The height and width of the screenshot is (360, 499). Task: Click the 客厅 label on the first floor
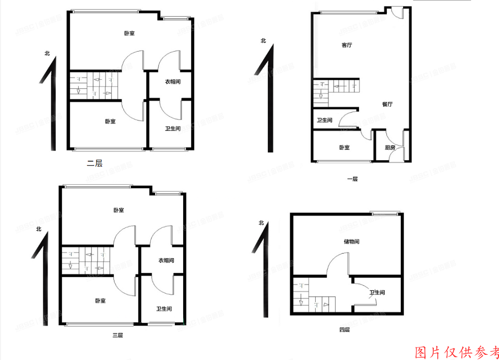(x=347, y=45)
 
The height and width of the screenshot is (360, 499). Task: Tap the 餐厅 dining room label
(x=387, y=104)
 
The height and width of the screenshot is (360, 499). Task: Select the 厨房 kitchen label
(x=390, y=148)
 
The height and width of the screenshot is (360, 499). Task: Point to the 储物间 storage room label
(x=351, y=242)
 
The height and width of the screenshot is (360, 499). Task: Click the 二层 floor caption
(x=94, y=163)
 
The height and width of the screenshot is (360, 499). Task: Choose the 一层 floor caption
(x=353, y=179)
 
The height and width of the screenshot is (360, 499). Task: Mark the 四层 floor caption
(x=344, y=330)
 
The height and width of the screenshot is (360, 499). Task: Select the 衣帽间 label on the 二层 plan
(x=173, y=82)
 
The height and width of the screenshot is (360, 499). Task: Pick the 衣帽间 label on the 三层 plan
(x=166, y=260)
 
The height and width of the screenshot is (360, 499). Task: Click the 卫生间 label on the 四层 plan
(x=377, y=293)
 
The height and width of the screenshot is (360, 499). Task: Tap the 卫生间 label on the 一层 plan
(x=325, y=121)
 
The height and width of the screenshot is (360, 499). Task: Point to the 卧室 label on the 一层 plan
(x=344, y=148)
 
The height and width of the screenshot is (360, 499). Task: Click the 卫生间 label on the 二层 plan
(x=173, y=129)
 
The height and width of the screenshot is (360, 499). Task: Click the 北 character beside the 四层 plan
(x=261, y=223)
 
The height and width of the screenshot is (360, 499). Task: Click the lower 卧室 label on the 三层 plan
(x=101, y=301)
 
